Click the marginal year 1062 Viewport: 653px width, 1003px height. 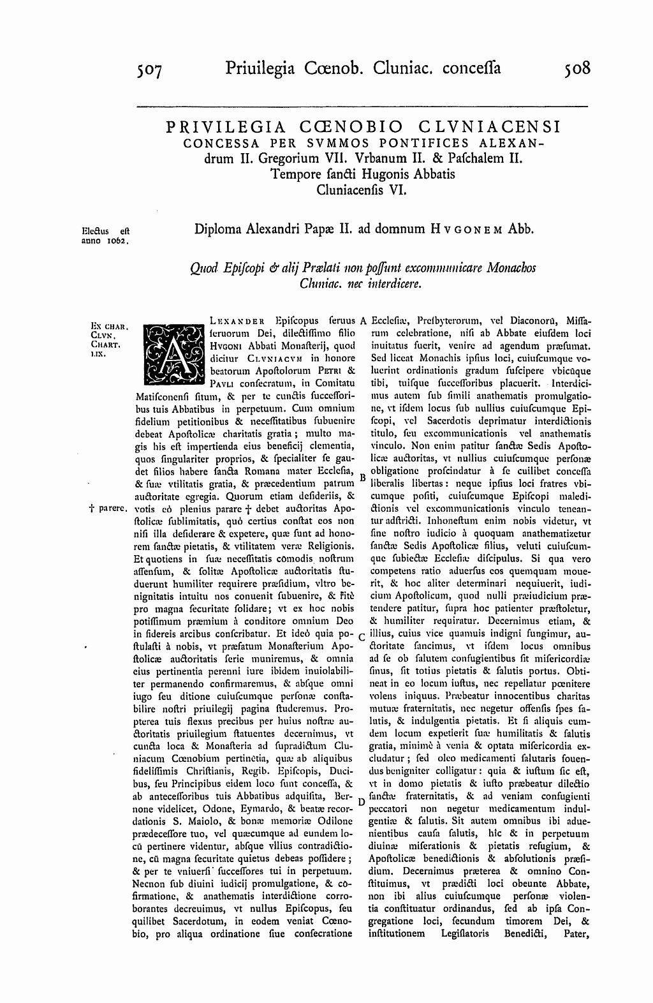click(x=117, y=242)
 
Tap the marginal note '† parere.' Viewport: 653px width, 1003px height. click(x=108, y=509)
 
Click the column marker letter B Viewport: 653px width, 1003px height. click(x=362, y=477)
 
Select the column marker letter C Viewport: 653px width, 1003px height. click(x=362, y=637)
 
